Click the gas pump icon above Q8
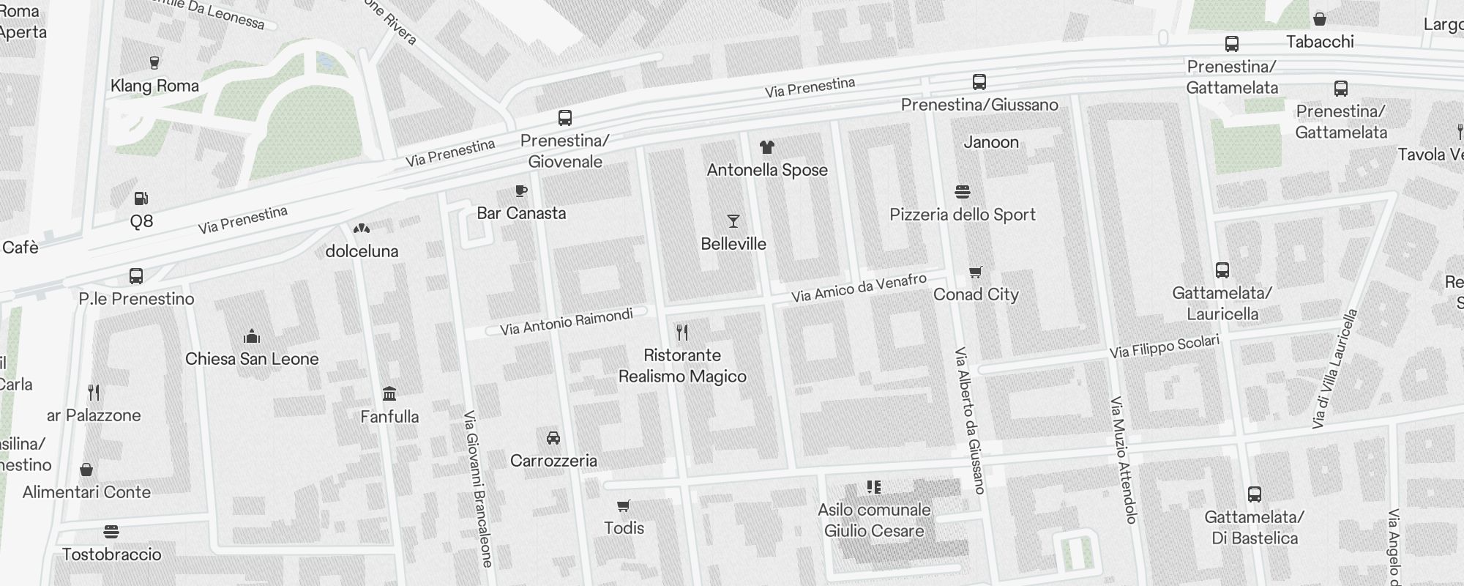point(141,199)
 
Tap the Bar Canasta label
point(521,213)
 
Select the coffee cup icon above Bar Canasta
point(521,191)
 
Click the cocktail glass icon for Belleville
point(733,221)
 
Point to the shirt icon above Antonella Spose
point(766,147)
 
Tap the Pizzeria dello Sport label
point(962,215)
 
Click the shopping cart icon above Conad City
point(975,272)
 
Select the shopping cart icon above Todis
point(624,506)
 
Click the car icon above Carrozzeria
point(553,438)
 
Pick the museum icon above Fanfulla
point(389,394)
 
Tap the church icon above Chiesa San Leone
point(252,336)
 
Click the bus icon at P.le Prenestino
point(136,276)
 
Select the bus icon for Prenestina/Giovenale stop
point(565,118)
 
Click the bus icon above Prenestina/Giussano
point(979,82)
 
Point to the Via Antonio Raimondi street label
point(566,322)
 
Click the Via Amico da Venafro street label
point(859,288)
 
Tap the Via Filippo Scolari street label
point(1164,346)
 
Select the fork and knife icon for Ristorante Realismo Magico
point(682,333)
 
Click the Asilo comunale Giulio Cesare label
point(874,520)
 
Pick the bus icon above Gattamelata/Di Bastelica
point(1255,494)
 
